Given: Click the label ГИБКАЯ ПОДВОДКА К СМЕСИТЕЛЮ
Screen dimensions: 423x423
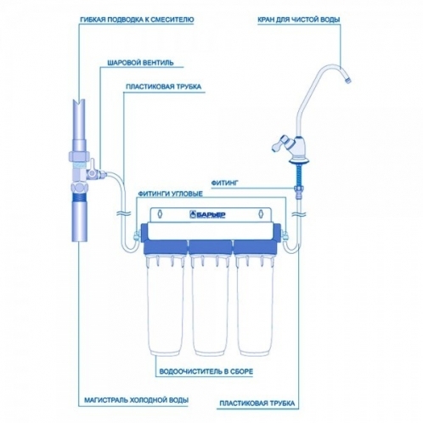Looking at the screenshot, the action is pos(137,20).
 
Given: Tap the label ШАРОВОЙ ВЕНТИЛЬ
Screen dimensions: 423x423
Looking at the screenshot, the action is pos(140,63).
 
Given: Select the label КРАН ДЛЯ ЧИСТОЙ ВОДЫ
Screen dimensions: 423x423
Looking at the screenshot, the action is pos(299,20).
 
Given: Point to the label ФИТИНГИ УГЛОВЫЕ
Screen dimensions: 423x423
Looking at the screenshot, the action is pos(170,194).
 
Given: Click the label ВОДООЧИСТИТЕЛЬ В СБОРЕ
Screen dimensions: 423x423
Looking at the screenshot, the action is pos(206,371).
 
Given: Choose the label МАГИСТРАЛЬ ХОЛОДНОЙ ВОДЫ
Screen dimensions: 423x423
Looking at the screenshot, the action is pos(137,400).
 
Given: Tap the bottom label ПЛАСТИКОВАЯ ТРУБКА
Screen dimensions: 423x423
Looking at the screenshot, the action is pos(257,403).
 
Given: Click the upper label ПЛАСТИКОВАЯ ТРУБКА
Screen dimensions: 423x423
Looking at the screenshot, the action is pos(164,87).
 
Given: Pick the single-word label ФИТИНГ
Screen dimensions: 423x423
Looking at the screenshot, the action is pos(225,183).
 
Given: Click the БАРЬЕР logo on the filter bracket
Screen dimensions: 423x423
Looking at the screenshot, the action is pos(207,215).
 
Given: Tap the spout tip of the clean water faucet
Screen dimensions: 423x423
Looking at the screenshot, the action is pos(348,79).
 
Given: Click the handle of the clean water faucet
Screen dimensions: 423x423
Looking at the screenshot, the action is pos(279,144).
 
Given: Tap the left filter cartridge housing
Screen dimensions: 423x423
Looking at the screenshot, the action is pos(166,306).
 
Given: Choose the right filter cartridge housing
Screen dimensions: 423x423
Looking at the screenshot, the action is pos(255,306).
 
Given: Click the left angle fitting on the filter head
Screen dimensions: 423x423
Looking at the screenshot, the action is pos(137,235).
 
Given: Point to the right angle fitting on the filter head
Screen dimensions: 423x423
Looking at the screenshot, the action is pos(285,235).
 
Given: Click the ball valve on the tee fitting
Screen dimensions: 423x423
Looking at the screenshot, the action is pos(96,173).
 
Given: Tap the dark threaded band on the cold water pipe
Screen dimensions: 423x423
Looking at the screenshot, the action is pos(79,197).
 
